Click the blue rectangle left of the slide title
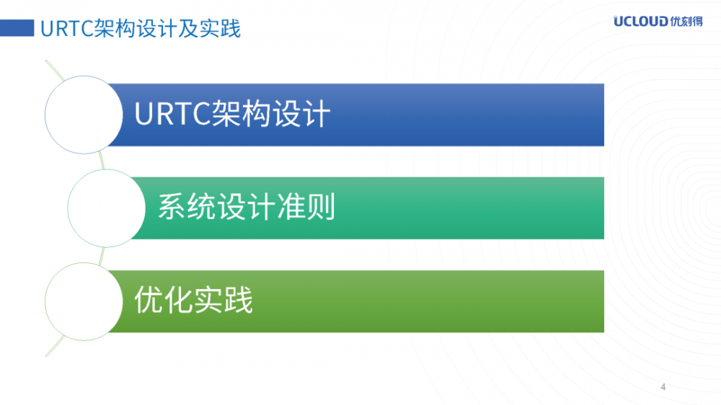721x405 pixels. point(18,29)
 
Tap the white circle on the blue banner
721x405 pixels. point(83,115)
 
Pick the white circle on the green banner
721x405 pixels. point(83,301)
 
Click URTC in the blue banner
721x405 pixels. point(172,115)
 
